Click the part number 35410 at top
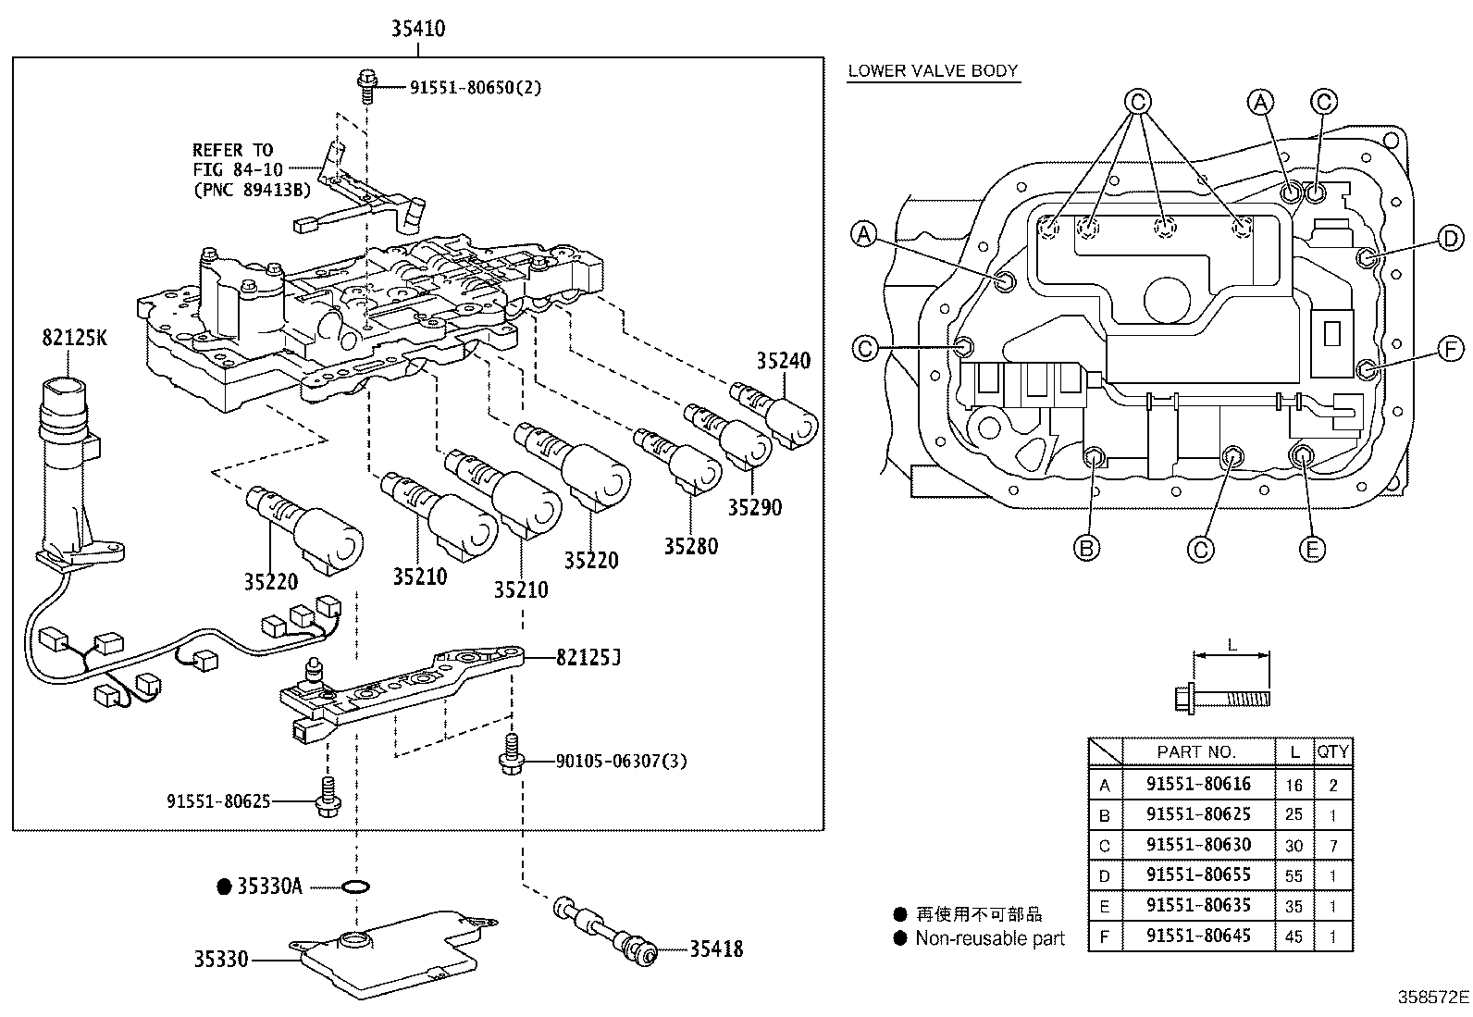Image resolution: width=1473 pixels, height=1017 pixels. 417,30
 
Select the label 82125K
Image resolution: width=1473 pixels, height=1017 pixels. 74,338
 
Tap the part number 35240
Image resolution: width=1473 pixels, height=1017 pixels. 783,362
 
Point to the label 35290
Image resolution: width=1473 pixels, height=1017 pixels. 753,507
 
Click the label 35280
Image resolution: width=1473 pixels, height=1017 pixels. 690,546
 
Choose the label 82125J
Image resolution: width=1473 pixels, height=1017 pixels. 588,658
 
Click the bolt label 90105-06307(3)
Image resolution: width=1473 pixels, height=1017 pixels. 621,761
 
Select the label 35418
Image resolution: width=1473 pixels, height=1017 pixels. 715,949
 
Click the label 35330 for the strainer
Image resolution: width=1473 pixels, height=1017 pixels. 221,960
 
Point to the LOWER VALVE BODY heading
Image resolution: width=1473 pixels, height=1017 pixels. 933,70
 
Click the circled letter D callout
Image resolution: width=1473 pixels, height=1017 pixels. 1451,239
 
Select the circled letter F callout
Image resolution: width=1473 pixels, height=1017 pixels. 1451,349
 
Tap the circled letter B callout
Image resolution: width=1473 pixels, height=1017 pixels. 1087,549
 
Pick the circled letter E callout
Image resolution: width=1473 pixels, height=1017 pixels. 1311,549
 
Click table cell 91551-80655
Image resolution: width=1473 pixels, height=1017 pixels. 1197,874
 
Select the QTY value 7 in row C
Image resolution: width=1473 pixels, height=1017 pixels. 1332,845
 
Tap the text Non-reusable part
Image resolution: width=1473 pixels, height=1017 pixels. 989,938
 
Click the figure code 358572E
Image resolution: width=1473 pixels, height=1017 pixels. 1432,998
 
